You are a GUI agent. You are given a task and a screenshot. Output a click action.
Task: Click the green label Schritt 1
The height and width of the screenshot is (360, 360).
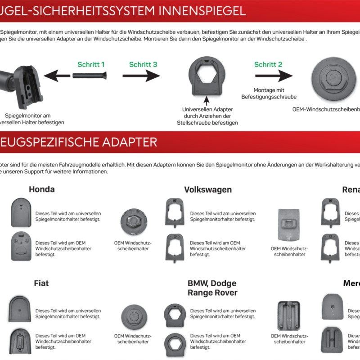pos(91,64)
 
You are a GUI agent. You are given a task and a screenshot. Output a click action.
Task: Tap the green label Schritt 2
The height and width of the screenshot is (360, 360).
pos(268,64)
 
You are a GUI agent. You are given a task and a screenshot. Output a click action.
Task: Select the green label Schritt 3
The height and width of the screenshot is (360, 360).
pos(143,64)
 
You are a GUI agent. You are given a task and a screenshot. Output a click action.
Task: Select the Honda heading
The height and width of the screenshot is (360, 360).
pos(42,189)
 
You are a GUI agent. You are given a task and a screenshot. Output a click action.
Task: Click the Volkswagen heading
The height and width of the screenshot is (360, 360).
pos(208,189)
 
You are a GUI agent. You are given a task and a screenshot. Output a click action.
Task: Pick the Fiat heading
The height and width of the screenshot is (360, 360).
pos(41,283)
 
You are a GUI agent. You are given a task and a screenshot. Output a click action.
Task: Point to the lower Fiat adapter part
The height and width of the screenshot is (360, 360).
pos(21,340)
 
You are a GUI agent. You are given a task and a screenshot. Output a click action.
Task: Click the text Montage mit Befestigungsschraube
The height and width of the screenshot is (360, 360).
pos(269,93)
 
